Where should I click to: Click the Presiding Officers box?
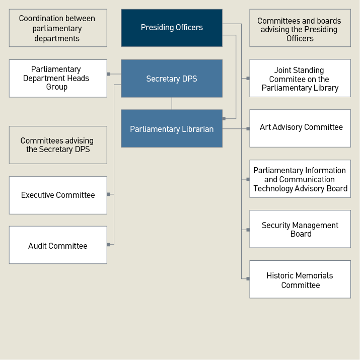click(x=172, y=28)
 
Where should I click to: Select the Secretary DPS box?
click(x=172, y=79)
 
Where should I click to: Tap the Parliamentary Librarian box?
click(x=172, y=129)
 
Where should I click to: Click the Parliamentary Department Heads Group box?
click(x=58, y=79)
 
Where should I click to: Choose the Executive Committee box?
click(x=58, y=195)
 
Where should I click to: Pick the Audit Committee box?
click(x=58, y=245)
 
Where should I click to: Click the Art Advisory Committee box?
click(x=300, y=128)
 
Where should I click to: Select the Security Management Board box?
click(x=300, y=229)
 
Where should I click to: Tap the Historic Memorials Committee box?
click(x=300, y=279)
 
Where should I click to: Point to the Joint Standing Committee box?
click(x=300, y=79)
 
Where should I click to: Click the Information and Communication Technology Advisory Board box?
click(x=300, y=179)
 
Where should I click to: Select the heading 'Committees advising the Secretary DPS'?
click(x=58, y=145)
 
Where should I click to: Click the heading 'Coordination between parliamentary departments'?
click(x=58, y=28)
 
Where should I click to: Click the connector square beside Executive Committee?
click(x=108, y=194)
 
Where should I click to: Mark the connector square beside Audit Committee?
click(x=108, y=245)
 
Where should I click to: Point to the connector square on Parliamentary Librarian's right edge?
click(x=224, y=119)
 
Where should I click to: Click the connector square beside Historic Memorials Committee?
click(x=248, y=278)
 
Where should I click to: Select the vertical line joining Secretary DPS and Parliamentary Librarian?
click(x=172, y=103)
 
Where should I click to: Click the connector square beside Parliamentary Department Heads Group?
click(x=108, y=74)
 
